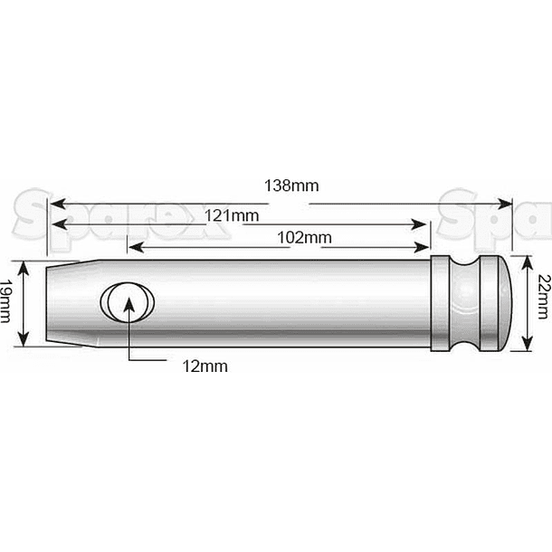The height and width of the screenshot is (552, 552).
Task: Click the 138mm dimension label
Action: [292, 186]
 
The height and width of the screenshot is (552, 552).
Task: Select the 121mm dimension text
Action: [231, 214]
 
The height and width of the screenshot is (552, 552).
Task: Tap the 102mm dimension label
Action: [304, 238]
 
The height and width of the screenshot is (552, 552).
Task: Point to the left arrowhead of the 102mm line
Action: [133, 246]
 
